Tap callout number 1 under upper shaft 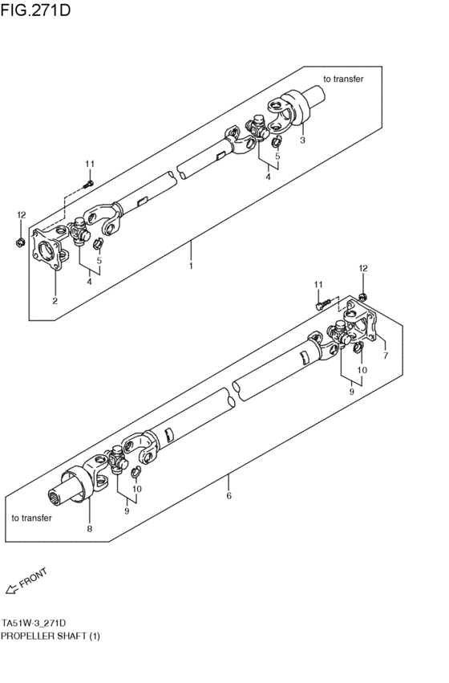click(x=191, y=264)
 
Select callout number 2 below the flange click(x=55, y=301)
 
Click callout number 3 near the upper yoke click(x=302, y=140)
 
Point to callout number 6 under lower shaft click(x=229, y=496)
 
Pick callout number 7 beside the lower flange click(x=386, y=355)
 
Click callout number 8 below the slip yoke click(x=89, y=528)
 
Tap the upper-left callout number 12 click(x=22, y=214)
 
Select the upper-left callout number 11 click(x=90, y=165)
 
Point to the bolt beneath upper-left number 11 click(x=89, y=183)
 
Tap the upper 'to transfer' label click(x=343, y=79)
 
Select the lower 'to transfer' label click(x=32, y=518)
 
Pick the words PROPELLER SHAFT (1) click(x=51, y=635)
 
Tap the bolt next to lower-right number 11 click(x=322, y=303)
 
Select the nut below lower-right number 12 click(x=362, y=298)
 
